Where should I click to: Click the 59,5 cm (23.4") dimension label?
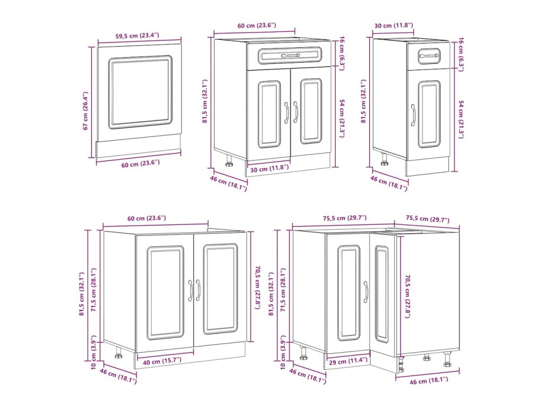[x=137, y=36]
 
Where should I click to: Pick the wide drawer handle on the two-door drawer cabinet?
[x=290, y=55]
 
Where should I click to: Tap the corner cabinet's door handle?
[x=365, y=292]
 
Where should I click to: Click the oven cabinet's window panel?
[x=140, y=92]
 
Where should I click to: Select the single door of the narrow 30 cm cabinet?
[x=428, y=114]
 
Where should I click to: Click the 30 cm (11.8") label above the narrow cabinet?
[x=394, y=25]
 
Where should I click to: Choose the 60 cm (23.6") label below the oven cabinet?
[x=141, y=163]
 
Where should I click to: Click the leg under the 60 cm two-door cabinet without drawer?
[x=118, y=352]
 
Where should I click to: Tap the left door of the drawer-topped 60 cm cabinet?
[x=269, y=114]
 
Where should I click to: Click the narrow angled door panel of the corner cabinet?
[x=381, y=293]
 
